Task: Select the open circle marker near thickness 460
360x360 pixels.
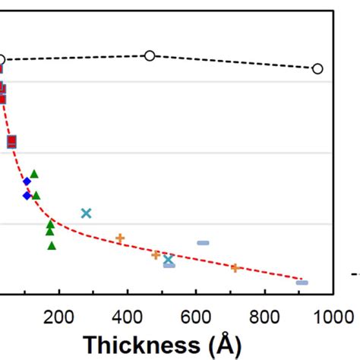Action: click(x=150, y=55)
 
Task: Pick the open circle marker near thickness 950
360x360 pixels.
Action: click(x=317, y=68)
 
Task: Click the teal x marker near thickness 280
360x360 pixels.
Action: click(x=86, y=213)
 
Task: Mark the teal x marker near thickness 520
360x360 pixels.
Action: click(x=169, y=260)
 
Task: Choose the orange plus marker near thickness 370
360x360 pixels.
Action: click(x=119, y=238)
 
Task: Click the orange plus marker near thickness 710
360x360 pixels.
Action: click(x=235, y=267)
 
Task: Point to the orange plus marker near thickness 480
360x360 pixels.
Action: click(x=156, y=255)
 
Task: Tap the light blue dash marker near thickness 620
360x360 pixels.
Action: click(x=203, y=243)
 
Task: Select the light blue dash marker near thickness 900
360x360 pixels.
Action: click(x=302, y=283)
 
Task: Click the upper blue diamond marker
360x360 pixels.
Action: click(x=27, y=182)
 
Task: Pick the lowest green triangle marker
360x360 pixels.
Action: click(x=52, y=245)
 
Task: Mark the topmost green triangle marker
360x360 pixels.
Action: click(x=34, y=174)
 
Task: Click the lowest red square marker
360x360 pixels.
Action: click(x=11, y=141)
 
